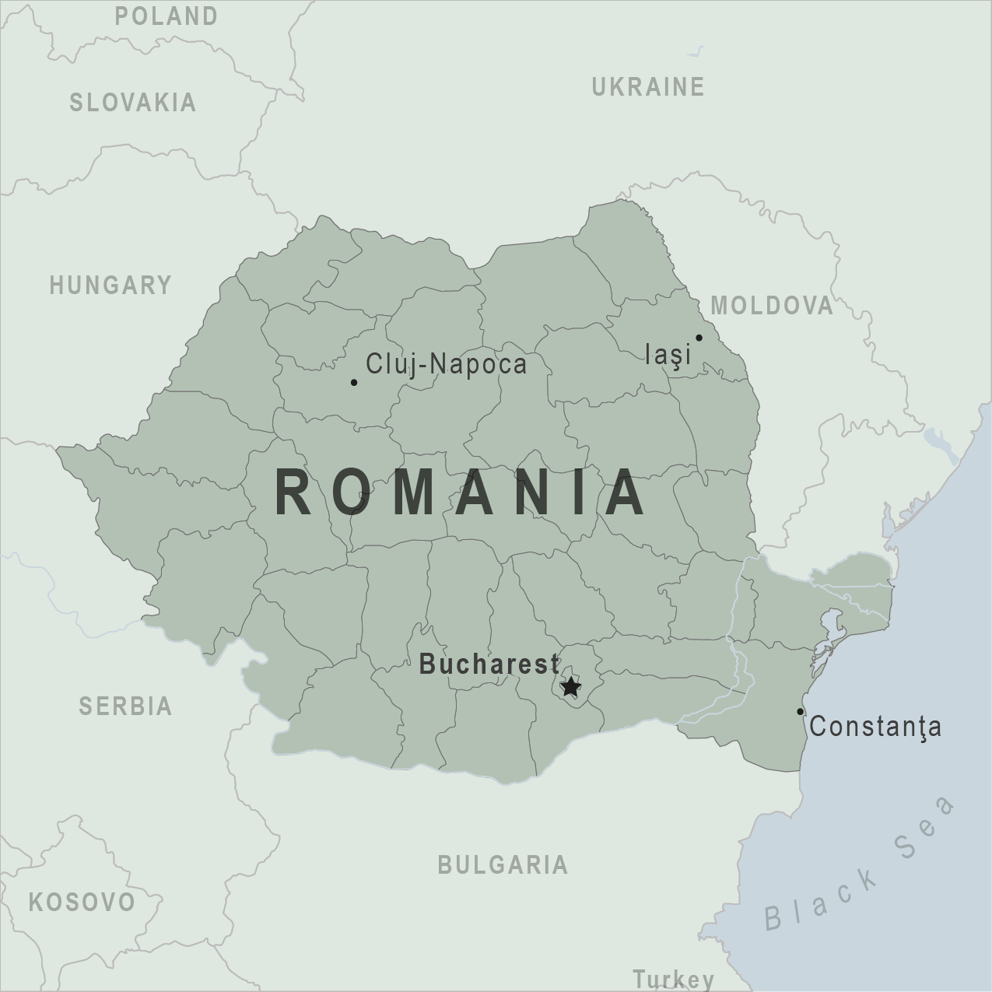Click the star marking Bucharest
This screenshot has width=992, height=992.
570,686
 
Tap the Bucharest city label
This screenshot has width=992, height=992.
489,664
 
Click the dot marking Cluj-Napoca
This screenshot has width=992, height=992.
354,382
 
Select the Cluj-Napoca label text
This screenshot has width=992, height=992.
446,364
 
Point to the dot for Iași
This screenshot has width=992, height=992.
699,338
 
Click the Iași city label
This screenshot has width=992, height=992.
668,355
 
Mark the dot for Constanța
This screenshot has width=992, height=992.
800,711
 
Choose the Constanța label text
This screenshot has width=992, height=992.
875,727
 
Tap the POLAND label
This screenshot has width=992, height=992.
167,16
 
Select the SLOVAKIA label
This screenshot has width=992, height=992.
133,103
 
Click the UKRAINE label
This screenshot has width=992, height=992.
648,86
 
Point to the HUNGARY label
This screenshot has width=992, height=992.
110,286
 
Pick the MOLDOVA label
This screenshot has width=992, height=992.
772,306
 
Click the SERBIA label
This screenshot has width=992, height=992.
125,706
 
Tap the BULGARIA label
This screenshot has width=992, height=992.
503,864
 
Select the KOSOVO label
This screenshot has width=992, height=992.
82,903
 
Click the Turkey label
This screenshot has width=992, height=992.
673,979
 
